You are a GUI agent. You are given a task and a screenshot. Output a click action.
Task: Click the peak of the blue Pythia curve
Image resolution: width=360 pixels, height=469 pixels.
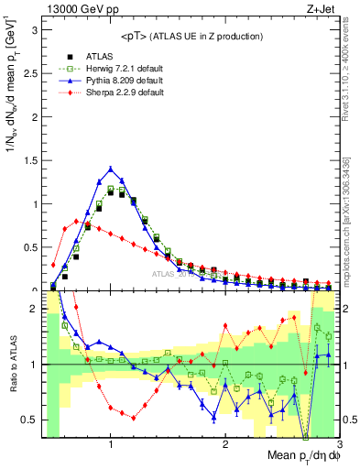[111, 168]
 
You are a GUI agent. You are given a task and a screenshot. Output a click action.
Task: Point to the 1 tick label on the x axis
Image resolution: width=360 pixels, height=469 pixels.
[111, 444]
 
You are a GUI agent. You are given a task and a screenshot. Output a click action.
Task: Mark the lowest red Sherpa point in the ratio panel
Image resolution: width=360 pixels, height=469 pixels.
[134, 418]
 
